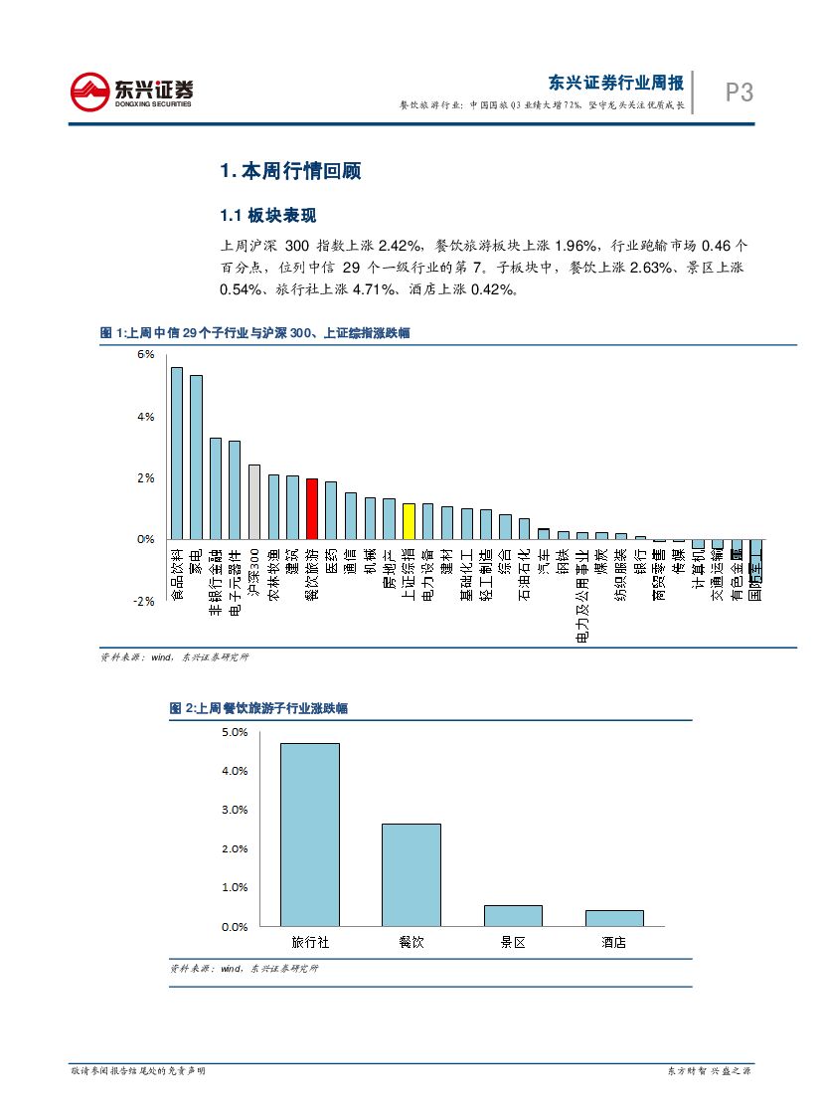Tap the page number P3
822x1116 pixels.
coord(739,93)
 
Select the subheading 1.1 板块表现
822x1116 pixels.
coord(267,216)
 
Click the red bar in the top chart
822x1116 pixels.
coord(311,508)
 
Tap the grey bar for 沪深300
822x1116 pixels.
coord(253,502)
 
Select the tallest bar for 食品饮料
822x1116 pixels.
coord(177,454)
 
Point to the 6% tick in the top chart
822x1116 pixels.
coord(145,355)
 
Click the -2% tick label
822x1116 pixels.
coord(143,602)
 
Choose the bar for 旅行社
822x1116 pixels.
coord(309,835)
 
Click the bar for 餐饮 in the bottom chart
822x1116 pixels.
coord(411,874)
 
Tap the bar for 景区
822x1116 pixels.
coord(512,915)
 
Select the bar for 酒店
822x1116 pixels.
coord(613,918)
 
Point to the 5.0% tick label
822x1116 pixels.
coord(235,732)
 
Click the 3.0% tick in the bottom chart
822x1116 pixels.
coord(235,810)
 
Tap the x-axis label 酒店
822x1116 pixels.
coord(613,942)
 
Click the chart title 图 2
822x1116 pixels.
coord(258,708)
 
